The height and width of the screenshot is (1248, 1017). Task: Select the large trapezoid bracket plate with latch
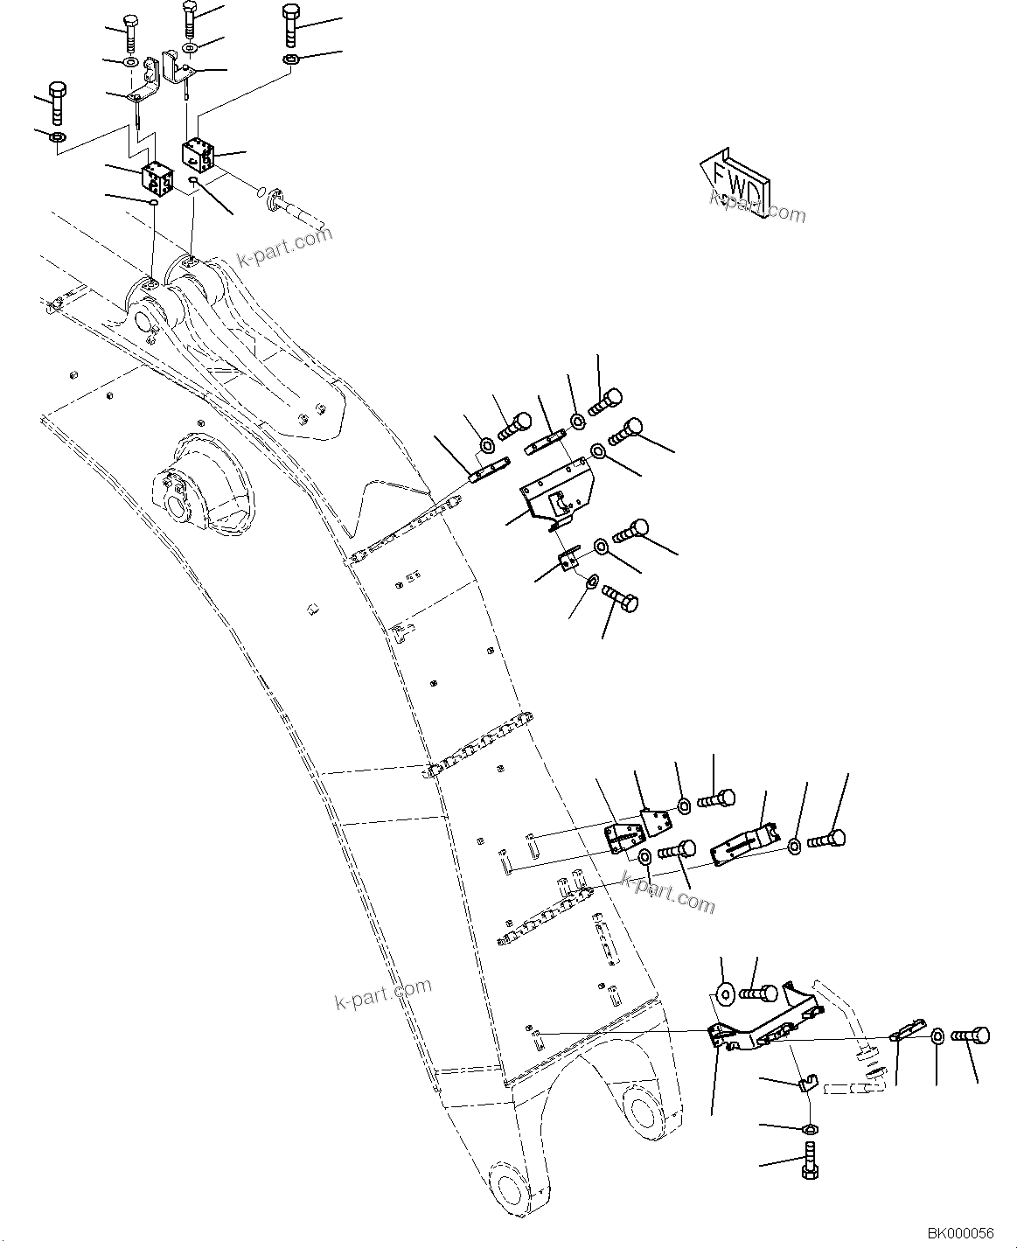[556, 492]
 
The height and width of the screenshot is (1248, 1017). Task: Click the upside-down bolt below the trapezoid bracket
[621, 601]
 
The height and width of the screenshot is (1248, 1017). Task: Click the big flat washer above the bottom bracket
[724, 993]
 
